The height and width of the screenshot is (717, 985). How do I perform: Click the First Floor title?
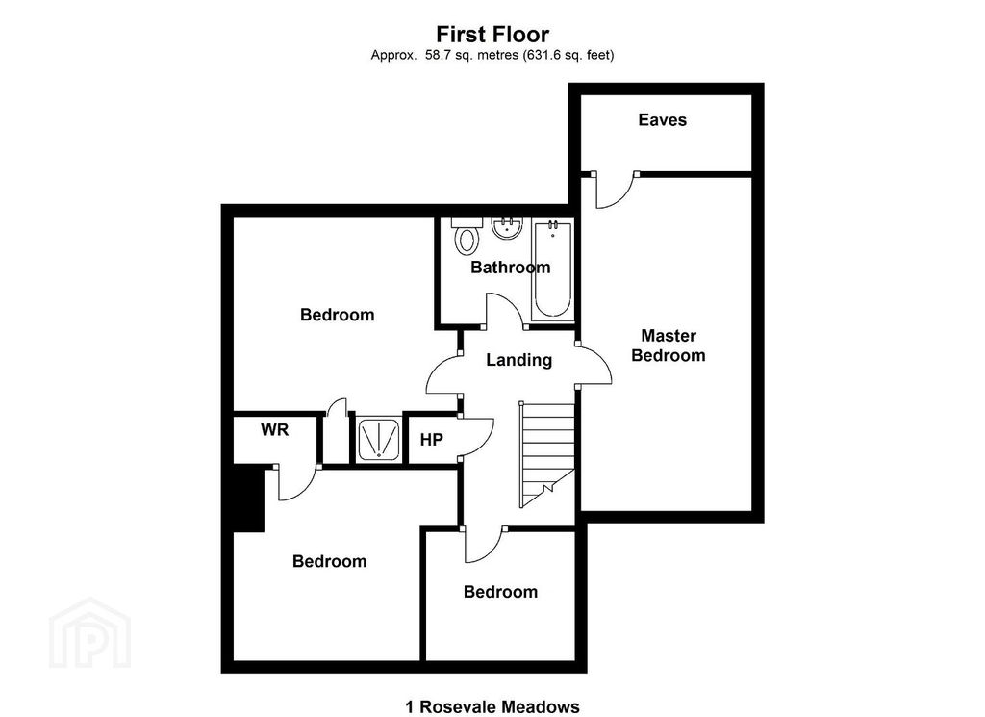492,36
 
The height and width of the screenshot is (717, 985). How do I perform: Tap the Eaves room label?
663,120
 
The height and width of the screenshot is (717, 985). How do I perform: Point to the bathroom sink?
506,229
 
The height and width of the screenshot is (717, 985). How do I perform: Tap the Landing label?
518,360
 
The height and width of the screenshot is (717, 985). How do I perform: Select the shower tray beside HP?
377,440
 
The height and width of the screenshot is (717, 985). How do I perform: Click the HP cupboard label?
431,440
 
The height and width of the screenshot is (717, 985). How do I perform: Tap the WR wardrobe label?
274,430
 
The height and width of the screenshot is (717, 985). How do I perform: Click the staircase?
546,452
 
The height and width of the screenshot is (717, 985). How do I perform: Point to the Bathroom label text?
510,268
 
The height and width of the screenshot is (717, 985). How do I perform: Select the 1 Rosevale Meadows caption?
492,707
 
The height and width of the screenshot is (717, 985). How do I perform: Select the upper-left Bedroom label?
337,315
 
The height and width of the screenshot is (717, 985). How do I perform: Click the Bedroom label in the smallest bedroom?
500,592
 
